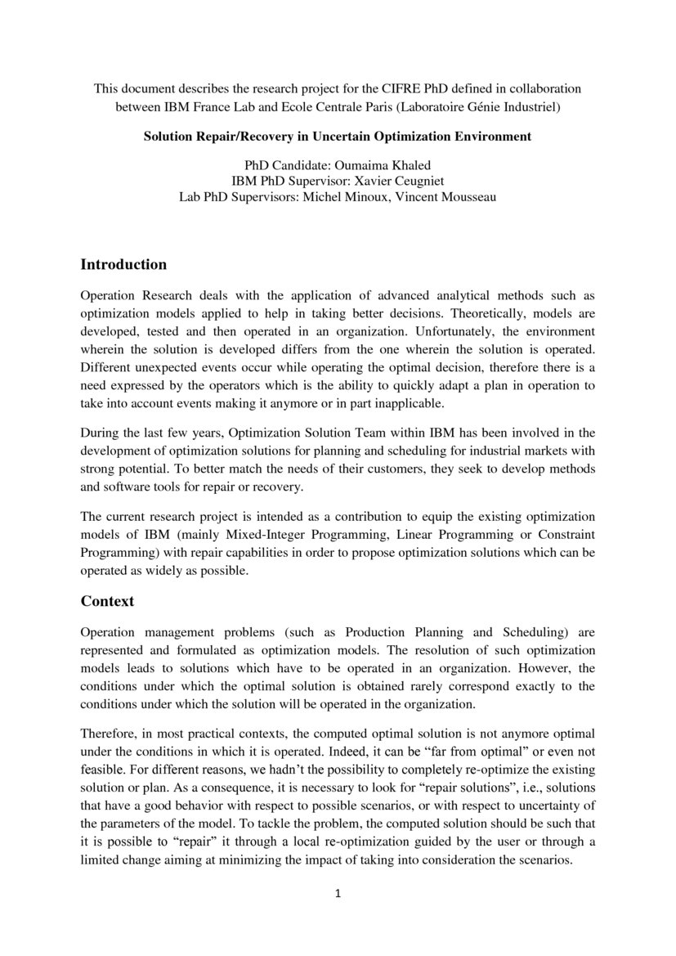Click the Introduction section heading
(x=123, y=265)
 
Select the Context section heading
(x=107, y=601)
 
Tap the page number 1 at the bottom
(x=338, y=893)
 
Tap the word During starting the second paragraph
(x=101, y=433)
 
